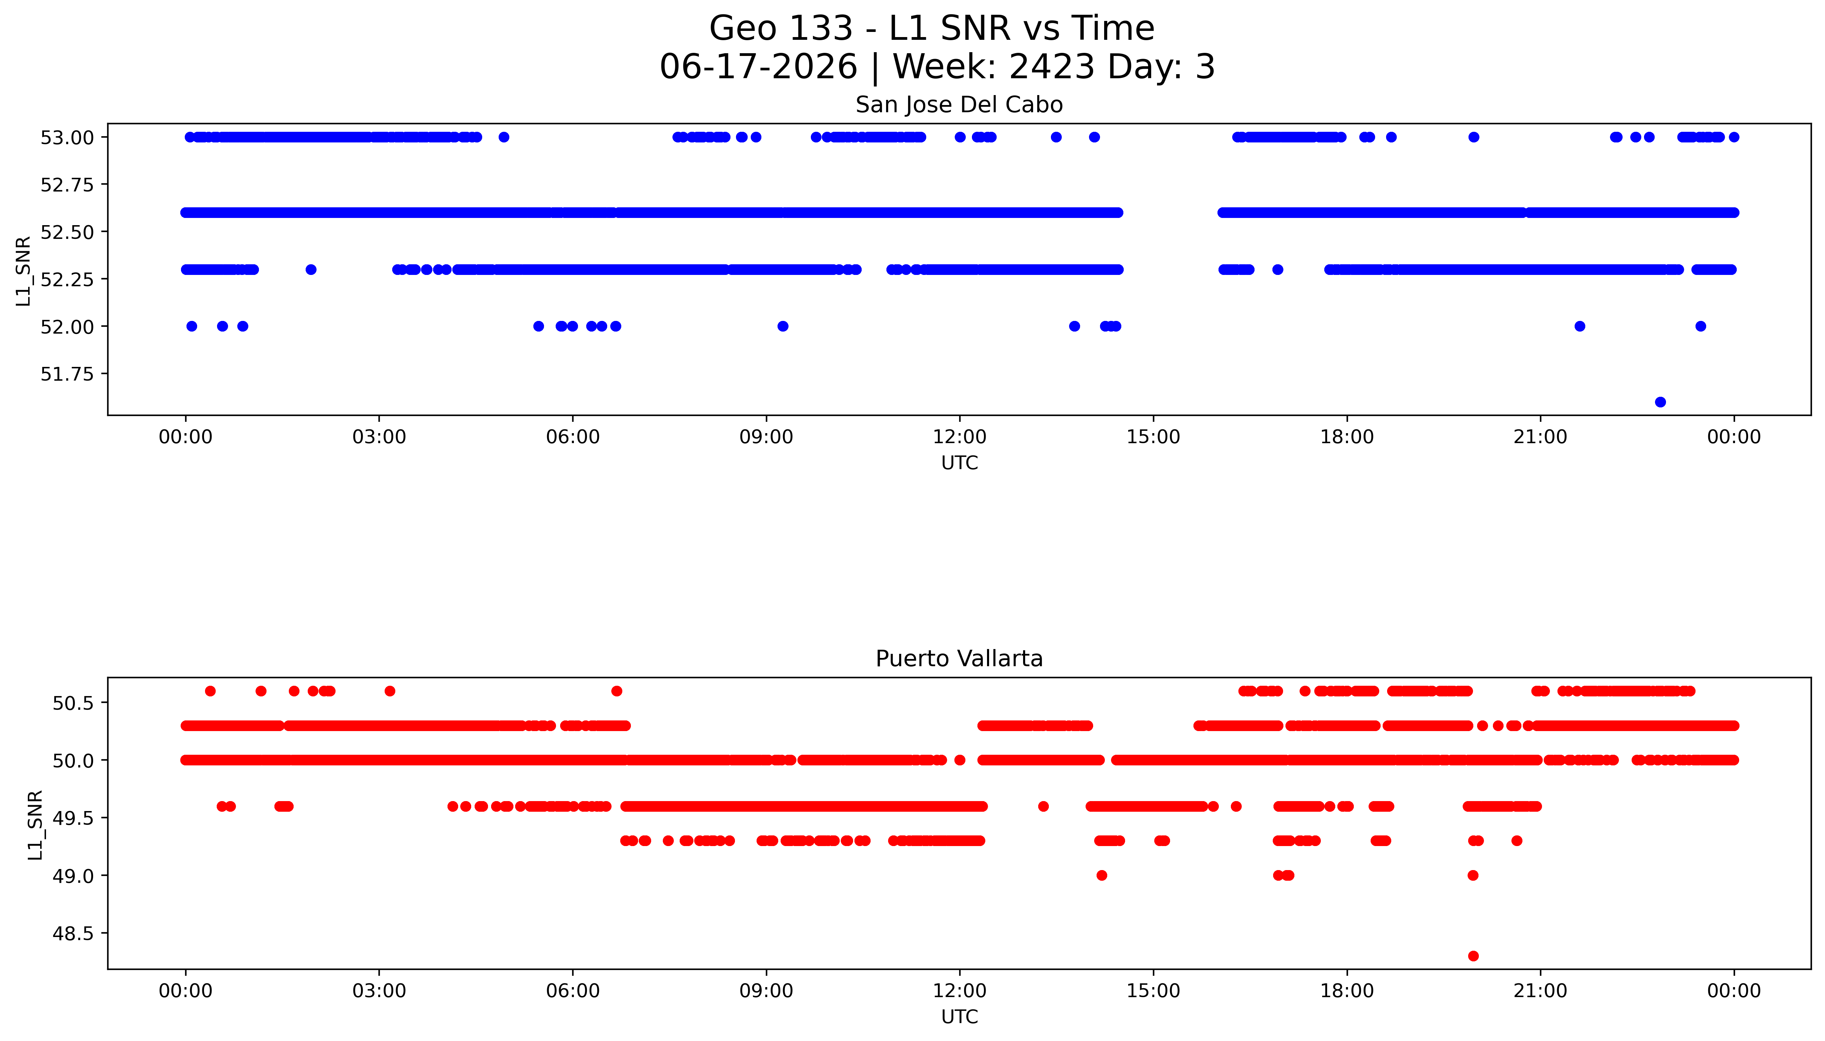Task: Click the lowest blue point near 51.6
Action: (x=1660, y=402)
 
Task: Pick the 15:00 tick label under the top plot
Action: (x=1153, y=437)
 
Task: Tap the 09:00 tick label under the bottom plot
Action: (x=766, y=991)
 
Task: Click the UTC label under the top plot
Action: (x=959, y=463)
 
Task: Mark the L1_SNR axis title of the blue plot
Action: (x=24, y=271)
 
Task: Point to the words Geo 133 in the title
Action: (x=781, y=28)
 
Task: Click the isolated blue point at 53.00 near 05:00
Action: (x=504, y=137)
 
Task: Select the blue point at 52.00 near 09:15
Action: (x=783, y=326)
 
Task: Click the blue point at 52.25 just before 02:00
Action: (x=310, y=269)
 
